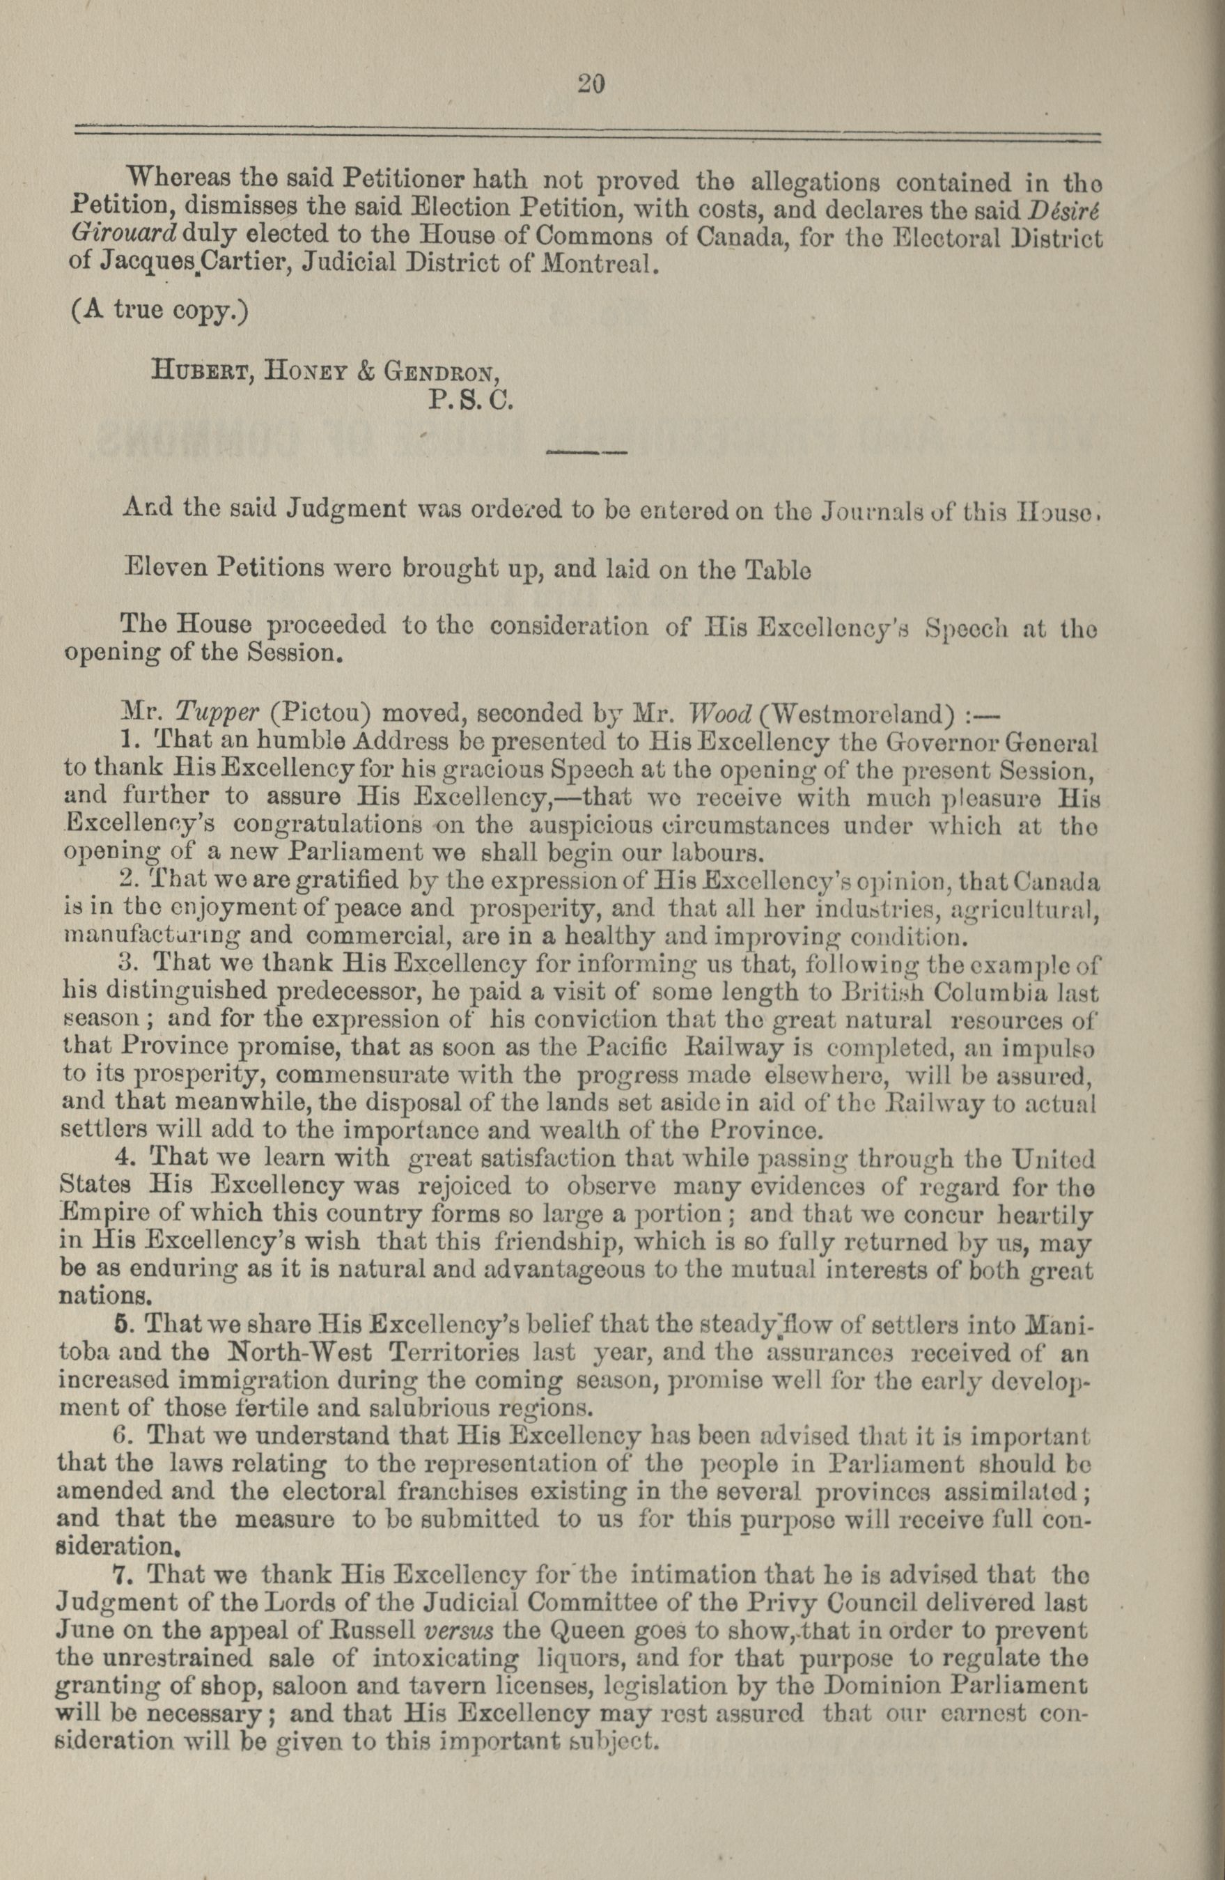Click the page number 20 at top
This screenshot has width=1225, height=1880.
click(591, 84)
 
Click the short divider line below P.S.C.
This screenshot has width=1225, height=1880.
click(585, 453)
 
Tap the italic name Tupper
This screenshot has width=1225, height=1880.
click(217, 713)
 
